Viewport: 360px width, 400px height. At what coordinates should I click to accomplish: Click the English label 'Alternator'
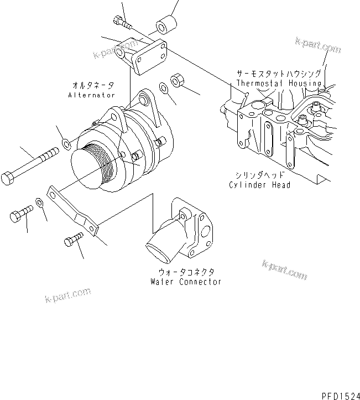[92, 95]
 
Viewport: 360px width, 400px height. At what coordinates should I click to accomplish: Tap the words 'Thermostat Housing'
[279, 83]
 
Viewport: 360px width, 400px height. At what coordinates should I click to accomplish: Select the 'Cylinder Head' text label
[259, 185]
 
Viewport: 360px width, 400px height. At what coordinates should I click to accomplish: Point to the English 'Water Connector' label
[186, 282]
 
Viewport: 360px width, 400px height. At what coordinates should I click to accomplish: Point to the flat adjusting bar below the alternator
[74, 210]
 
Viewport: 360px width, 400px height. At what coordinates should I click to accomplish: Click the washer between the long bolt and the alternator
[66, 145]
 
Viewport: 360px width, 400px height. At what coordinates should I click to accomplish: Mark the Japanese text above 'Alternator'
[93, 85]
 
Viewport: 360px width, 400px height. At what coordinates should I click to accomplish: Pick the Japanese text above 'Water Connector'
[186, 272]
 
